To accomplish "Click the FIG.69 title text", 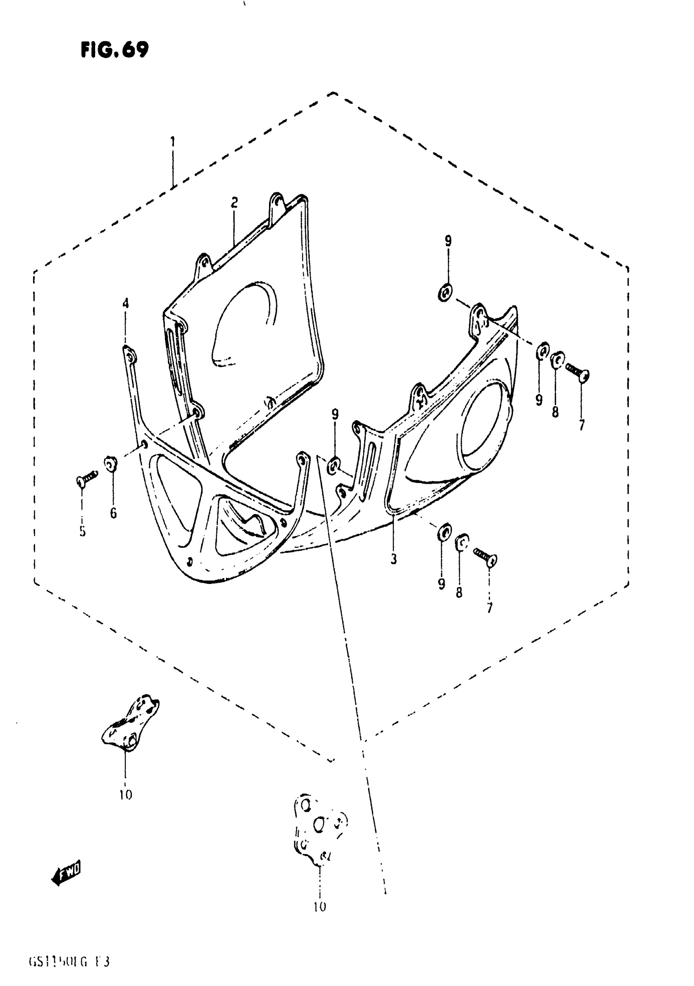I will [114, 50].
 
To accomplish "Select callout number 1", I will [172, 141].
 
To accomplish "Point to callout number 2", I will [234, 202].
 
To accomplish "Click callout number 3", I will [394, 559].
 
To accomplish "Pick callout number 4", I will [125, 304].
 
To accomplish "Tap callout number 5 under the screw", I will [82, 532].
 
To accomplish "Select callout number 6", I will [113, 513].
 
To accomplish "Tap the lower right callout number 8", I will [459, 593].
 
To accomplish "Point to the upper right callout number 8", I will [555, 412].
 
